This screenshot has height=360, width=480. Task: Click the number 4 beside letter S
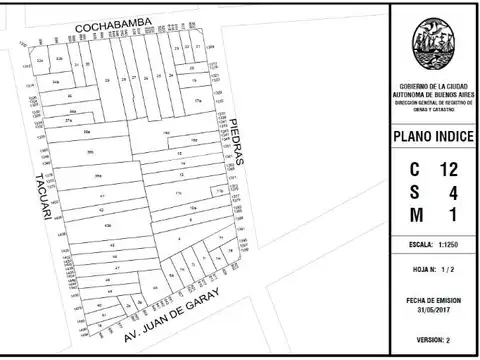453,191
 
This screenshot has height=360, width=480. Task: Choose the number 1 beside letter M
453,214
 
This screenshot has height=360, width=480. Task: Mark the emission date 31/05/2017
434,307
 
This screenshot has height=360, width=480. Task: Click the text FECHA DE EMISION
434,298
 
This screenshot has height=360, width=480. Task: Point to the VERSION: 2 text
434,340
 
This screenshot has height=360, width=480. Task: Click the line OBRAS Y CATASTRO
434,108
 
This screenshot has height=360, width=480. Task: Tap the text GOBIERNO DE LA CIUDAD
434,86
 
